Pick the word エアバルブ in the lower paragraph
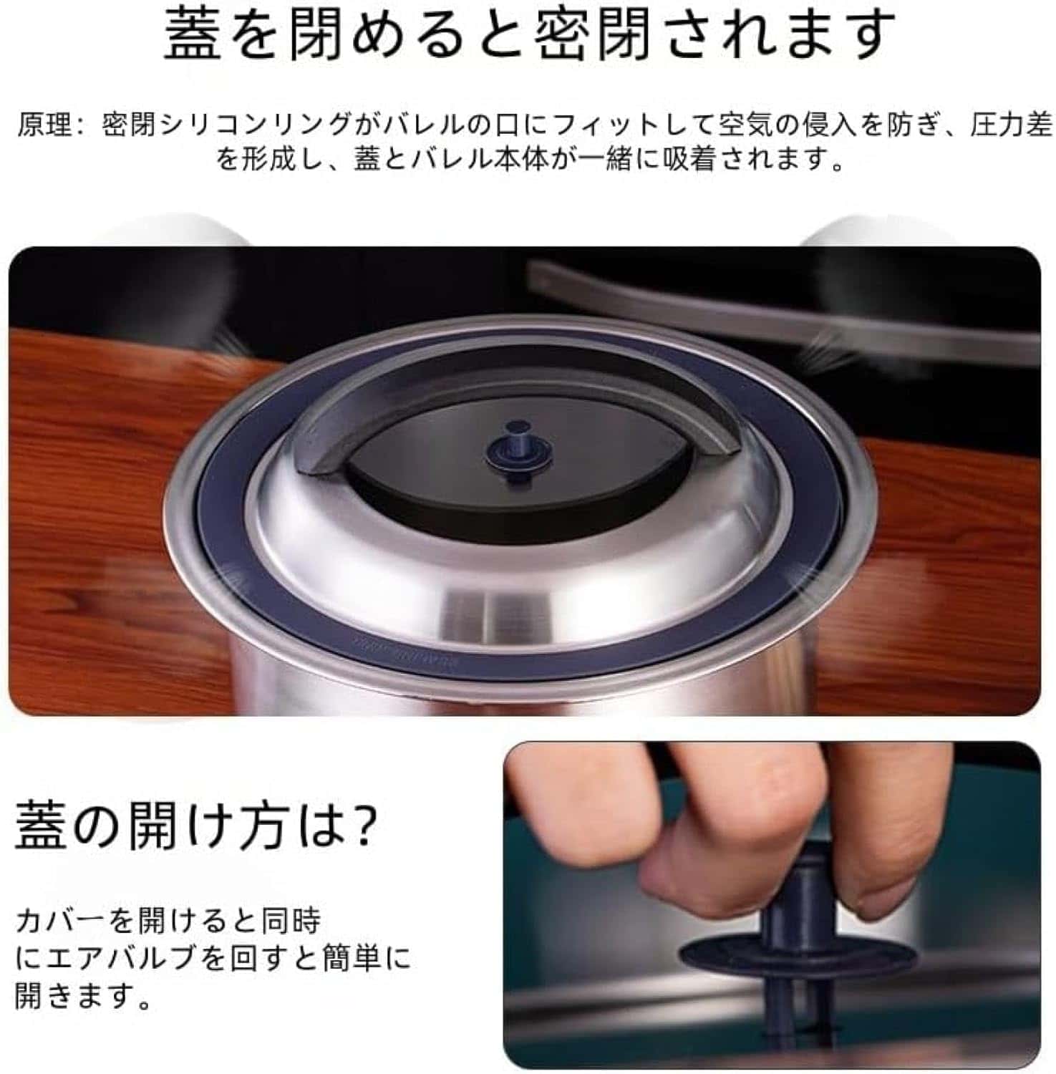111,958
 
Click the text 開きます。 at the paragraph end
83,996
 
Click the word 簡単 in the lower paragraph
352,958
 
